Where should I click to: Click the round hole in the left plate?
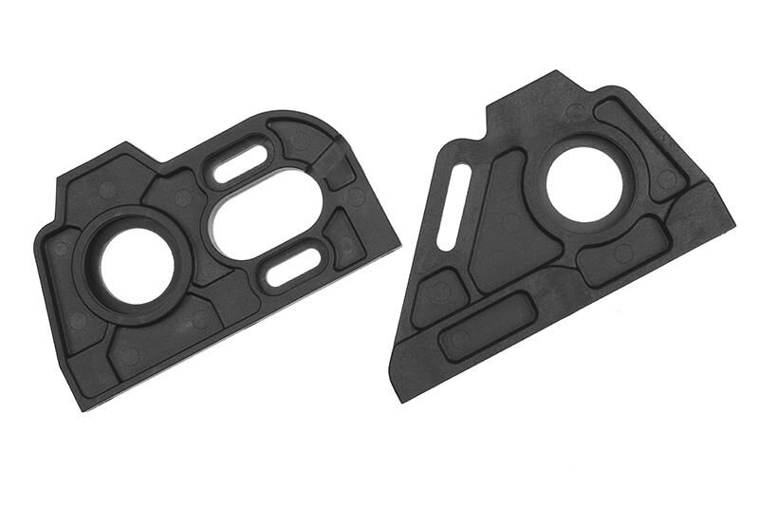137,265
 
